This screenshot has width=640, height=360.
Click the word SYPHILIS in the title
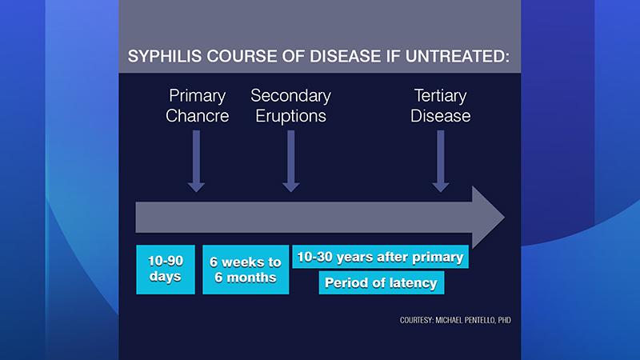(165, 56)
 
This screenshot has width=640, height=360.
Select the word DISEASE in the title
(346, 56)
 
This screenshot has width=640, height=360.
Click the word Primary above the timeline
(197, 96)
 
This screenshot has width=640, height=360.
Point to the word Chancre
(197, 116)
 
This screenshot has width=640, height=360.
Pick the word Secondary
(290, 96)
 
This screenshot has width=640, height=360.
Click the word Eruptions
(290, 116)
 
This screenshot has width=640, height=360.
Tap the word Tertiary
(441, 96)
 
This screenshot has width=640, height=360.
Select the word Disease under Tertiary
(441, 116)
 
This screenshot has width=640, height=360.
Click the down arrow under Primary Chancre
(196, 161)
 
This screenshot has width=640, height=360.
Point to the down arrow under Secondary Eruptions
(291, 161)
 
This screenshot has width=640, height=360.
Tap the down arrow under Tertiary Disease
(441, 161)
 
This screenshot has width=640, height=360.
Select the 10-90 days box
(166, 270)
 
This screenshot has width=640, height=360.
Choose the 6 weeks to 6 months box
(246, 270)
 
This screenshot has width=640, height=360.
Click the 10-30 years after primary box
(381, 257)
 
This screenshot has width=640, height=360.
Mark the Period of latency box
(382, 282)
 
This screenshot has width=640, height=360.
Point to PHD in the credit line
(505, 320)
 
